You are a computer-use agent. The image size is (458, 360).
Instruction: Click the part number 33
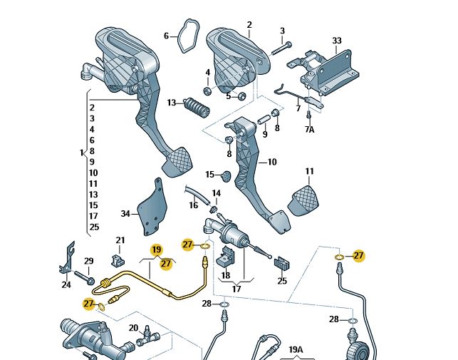[x=337, y=41]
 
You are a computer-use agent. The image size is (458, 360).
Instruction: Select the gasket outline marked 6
[x=187, y=36]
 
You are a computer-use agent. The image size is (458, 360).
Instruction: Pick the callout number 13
[x=172, y=103]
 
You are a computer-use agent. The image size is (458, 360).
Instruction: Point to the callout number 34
[x=125, y=213]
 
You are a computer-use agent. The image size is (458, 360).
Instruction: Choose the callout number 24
[x=66, y=284]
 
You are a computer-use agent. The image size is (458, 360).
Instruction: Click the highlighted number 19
[x=157, y=250]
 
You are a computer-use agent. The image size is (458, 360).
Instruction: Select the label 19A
[x=296, y=349]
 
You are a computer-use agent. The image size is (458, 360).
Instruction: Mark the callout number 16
[x=193, y=205]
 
